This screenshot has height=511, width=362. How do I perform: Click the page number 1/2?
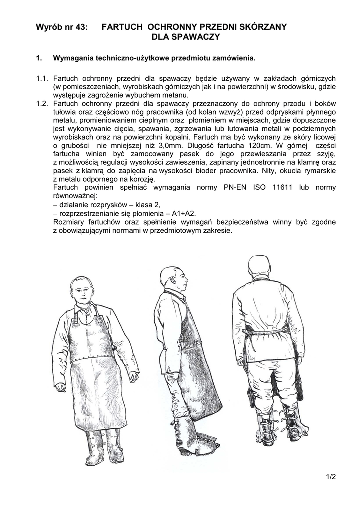[331, 476]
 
